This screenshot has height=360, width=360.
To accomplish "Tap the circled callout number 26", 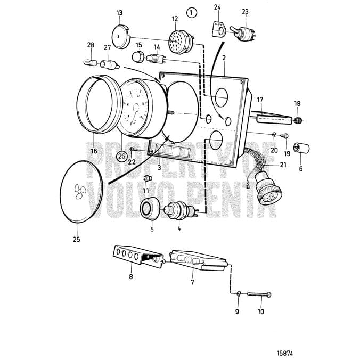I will (x=122, y=156).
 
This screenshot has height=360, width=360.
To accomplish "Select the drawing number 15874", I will (x=286, y=353).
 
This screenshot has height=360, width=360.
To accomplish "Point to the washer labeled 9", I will (x=239, y=293).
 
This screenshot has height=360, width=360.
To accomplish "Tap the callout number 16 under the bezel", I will (x=94, y=151).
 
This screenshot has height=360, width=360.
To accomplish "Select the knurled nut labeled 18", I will (x=298, y=120).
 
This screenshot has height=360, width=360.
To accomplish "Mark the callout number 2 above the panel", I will (x=224, y=58).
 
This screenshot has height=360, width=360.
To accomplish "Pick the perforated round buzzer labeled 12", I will (x=177, y=39).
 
